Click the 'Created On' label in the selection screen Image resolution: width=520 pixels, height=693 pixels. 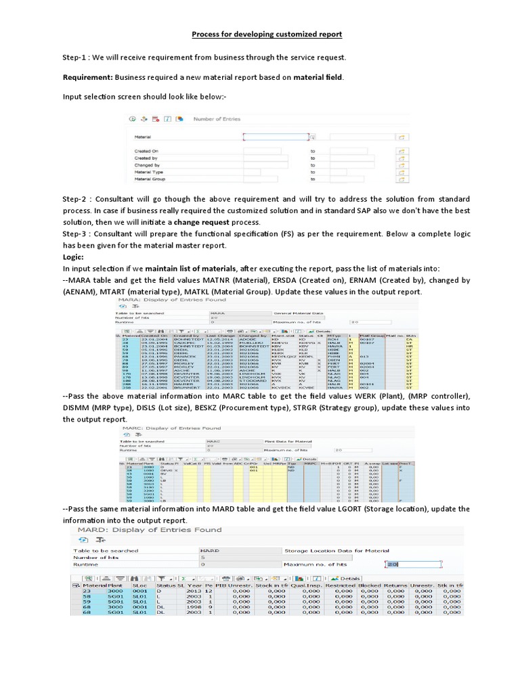click(146, 151)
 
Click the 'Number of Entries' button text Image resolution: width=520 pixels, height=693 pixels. click(217, 119)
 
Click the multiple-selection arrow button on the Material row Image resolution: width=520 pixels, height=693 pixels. click(400, 136)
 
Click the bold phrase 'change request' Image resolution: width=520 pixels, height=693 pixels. click(202, 223)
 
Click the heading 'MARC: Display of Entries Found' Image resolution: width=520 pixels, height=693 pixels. click(171, 428)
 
